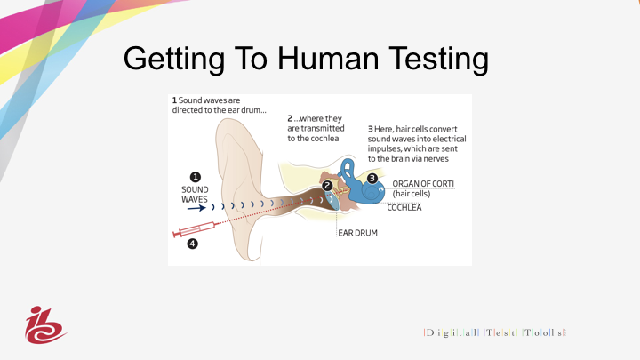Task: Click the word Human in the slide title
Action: pos(329,59)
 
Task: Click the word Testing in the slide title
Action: pos(438,60)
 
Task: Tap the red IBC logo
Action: pos(45,325)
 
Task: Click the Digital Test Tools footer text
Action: pos(495,332)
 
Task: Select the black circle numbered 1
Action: pos(195,177)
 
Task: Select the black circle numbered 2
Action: pos(327,186)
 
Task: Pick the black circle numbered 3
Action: pos(372,179)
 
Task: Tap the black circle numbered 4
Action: pos(192,244)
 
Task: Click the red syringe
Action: pos(195,229)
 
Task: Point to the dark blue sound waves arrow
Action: pos(196,208)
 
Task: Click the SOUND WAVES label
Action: pos(195,195)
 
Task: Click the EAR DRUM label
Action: pos(357,233)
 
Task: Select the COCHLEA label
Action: pos(404,208)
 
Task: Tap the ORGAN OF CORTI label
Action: pos(423,184)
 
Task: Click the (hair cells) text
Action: pos(412,194)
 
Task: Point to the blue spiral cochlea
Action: pos(371,192)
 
